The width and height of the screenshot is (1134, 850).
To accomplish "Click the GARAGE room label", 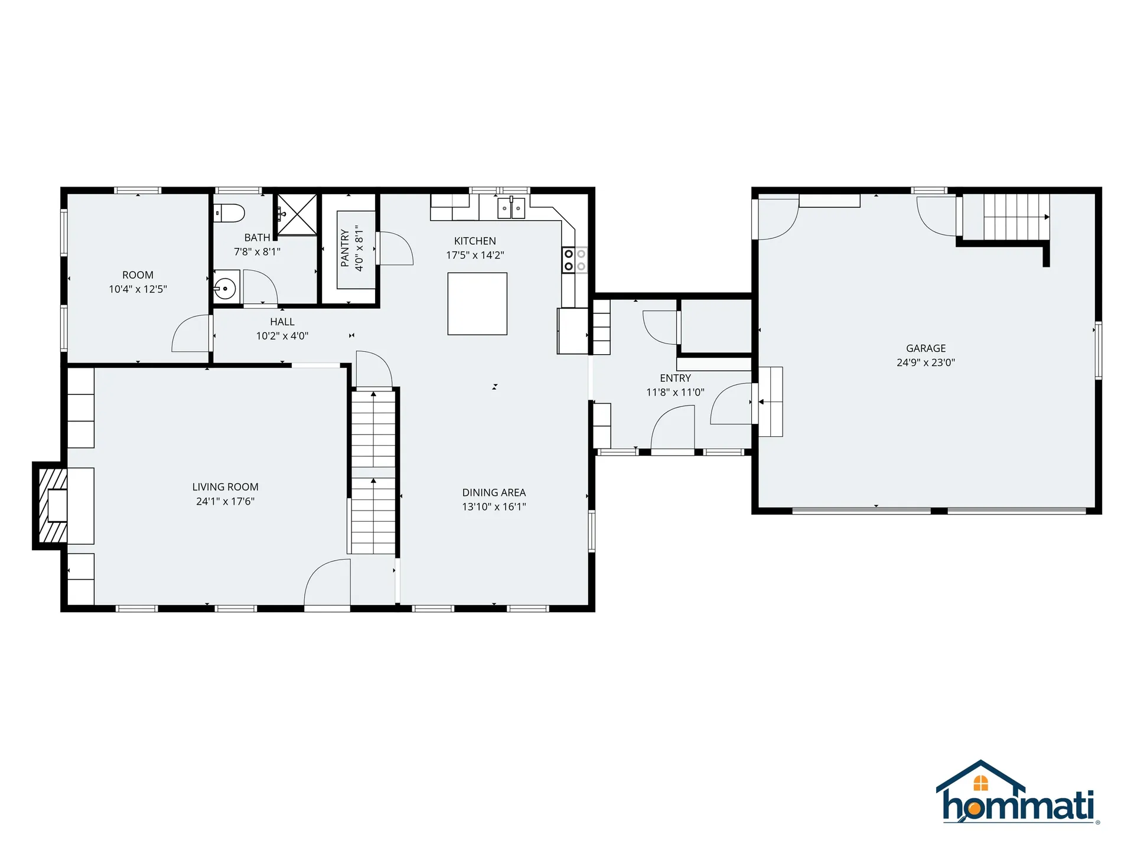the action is click(926, 348).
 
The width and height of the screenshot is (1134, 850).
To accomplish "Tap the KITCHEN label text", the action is click(475, 241).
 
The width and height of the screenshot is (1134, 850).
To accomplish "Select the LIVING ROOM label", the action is click(225, 487).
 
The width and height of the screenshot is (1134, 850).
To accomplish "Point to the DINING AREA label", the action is click(494, 492).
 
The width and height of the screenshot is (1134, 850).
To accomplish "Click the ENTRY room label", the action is click(675, 378).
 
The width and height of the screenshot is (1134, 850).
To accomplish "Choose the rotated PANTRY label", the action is click(345, 248).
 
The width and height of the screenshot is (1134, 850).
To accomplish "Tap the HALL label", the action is click(282, 322).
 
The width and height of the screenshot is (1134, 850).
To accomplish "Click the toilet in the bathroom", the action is click(229, 213).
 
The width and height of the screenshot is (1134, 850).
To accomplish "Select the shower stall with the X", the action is click(298, 214).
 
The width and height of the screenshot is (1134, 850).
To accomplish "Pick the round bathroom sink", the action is click(225, 289).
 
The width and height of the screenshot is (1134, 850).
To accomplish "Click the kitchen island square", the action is click(477, 303).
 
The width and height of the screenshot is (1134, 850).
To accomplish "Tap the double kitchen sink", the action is click(511, 208).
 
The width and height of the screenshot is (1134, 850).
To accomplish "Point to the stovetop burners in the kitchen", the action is click(575, 260).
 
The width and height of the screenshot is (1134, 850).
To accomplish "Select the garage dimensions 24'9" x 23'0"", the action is click(926, 362).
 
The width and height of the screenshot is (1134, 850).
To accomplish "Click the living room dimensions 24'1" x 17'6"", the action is click(225, 501).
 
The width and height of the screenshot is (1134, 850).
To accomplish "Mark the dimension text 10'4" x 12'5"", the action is click(138, 289).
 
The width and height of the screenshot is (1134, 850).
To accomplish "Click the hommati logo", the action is click(1016, 792).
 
